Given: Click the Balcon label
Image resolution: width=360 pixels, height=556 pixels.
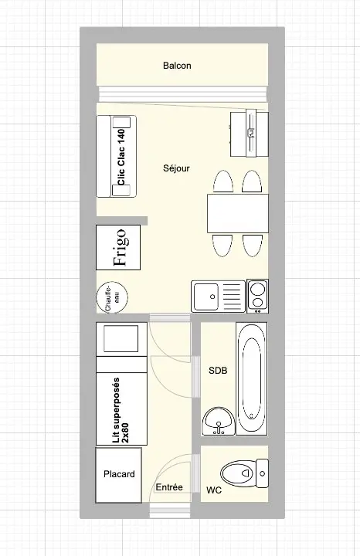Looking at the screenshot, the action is pos(177,66).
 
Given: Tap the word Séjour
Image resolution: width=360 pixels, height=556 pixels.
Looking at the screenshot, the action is pos(176,168).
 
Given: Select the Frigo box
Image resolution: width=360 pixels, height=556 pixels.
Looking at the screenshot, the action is pos(118,247).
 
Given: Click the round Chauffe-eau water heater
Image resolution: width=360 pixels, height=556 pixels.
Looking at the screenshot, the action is pos(112,297).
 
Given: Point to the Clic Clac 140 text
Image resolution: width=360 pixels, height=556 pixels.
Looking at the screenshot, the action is pos(121,157).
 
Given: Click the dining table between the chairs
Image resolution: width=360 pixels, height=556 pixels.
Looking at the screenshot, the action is pos(238,213).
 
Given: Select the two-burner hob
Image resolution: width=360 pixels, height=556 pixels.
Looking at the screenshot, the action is pos(257,296).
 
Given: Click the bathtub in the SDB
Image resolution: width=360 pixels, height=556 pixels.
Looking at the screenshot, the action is pos(252,378).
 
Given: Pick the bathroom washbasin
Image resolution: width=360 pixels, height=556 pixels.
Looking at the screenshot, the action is pos(218,421).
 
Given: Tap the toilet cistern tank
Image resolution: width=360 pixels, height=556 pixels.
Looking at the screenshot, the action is pos(262,473).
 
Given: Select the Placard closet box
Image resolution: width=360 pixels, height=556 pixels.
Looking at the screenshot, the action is pos(119,475).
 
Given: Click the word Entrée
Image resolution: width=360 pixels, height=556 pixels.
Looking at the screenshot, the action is pos(169,487).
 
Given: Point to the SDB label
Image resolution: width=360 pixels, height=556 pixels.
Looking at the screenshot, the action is pos(218,371).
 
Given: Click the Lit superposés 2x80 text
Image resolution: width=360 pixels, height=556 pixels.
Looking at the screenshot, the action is pos(121,410).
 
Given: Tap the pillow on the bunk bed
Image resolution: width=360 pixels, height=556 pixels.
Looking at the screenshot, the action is pos(121,338).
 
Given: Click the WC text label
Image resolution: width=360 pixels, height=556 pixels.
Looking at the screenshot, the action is pos(214,490).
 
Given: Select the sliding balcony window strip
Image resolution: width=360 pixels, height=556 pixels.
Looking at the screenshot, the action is pos(182,94).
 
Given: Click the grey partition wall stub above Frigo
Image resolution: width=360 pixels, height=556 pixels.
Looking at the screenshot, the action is pos(121,221).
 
